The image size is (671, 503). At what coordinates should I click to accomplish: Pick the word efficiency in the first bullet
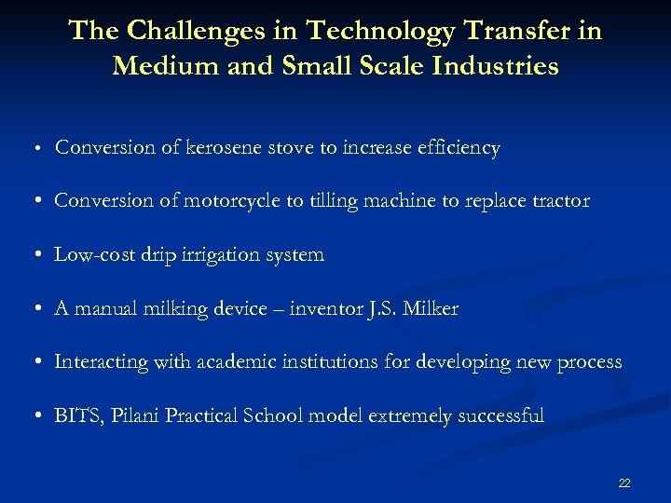tap(459, 147)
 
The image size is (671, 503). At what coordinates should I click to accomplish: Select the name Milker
tap(431, 308)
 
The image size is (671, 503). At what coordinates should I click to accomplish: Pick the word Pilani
tap(134, 415)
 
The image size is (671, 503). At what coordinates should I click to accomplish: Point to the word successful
tap(500, 415)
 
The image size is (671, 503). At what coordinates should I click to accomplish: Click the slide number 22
tap(624, 483)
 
